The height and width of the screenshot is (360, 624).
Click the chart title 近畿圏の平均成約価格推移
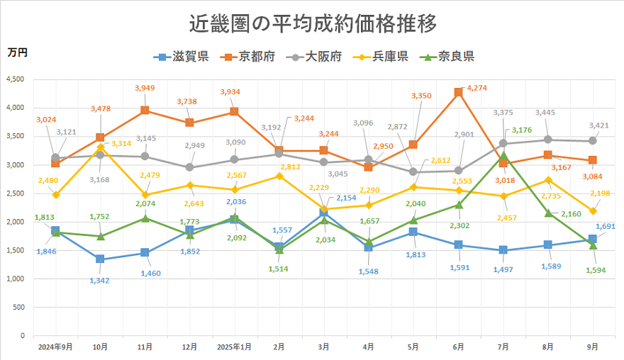312,23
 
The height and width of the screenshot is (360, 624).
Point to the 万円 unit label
18,52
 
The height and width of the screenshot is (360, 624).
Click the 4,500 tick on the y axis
15,79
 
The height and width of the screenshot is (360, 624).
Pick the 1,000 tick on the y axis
15,279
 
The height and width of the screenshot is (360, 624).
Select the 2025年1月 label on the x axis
235,347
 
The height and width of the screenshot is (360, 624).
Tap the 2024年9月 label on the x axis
55,347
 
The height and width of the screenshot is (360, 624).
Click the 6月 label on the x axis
458,347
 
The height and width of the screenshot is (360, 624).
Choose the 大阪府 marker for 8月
548,140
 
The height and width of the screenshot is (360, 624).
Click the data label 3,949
145,88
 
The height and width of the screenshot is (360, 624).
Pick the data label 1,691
606,227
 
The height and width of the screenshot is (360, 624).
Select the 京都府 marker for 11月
145,111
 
